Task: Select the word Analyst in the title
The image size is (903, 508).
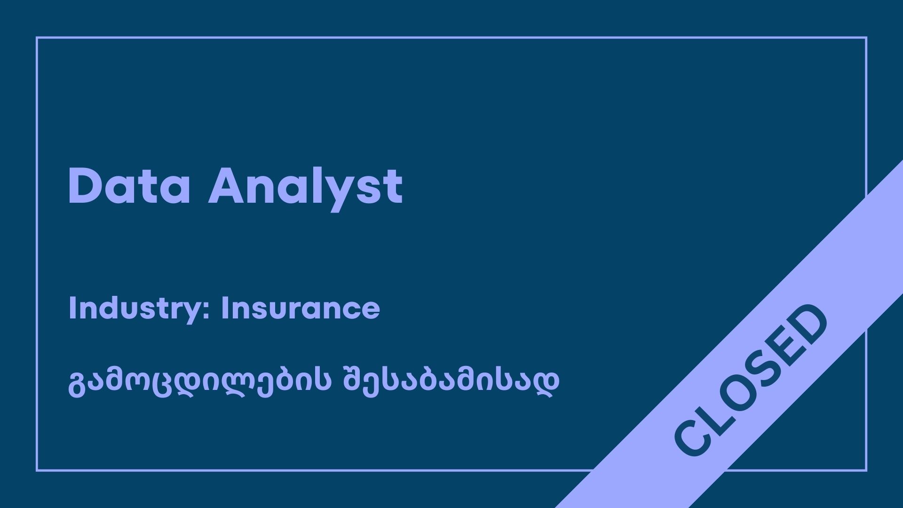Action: [x=306, y=189]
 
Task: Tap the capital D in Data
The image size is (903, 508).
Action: [x=85, y=186]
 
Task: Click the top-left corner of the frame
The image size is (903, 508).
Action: [x=37, y=38]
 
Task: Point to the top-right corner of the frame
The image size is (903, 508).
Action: [x=866, y=38]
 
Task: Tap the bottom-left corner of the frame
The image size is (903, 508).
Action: [x=37, y=470]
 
